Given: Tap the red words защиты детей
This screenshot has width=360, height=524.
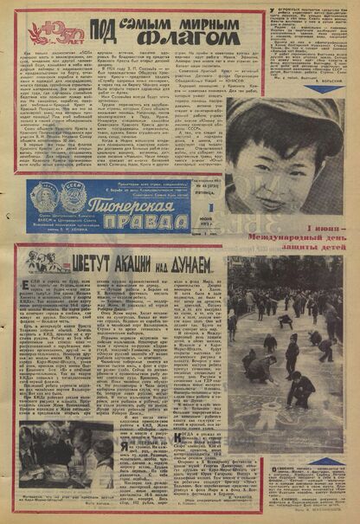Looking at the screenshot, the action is click(305, 249).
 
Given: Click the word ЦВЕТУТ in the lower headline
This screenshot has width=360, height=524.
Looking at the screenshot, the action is click(87, 262).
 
